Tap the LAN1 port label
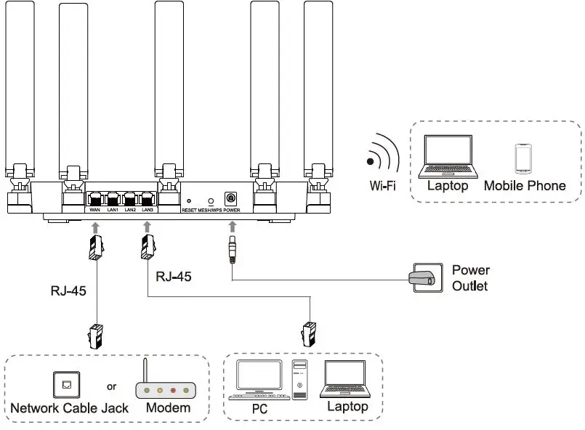pyautogui.click(x=113, y=210)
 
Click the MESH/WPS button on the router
pyautogui.click(x=211, y=199)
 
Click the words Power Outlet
pyautogui.click(x=471, y=277)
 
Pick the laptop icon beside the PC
pyautogui.click(x=347, y=380)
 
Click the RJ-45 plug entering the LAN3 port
pyautogui.click(x=148, y=248)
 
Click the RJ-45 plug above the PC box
pyautogui.click(x=309, y=333)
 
